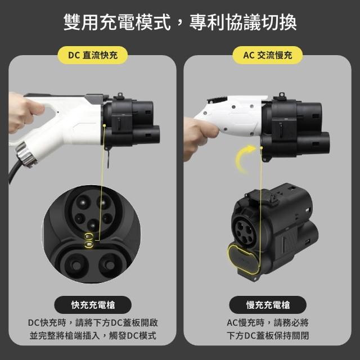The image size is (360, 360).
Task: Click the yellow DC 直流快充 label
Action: point(92,55)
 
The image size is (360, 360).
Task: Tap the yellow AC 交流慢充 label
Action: point(268,55)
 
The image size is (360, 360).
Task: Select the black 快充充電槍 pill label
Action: point(93,305)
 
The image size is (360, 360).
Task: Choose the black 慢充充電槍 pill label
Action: point(268,305)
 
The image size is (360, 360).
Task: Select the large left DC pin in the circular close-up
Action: point(76,265)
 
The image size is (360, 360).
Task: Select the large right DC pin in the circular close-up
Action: point(110,265)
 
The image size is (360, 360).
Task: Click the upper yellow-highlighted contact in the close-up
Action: point(89,236)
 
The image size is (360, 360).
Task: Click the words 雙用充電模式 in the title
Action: point(117,22)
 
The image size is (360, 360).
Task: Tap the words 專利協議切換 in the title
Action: point(243,22)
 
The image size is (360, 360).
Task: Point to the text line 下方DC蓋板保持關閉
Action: point(268,336)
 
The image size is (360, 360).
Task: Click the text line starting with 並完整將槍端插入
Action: point(93,336)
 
